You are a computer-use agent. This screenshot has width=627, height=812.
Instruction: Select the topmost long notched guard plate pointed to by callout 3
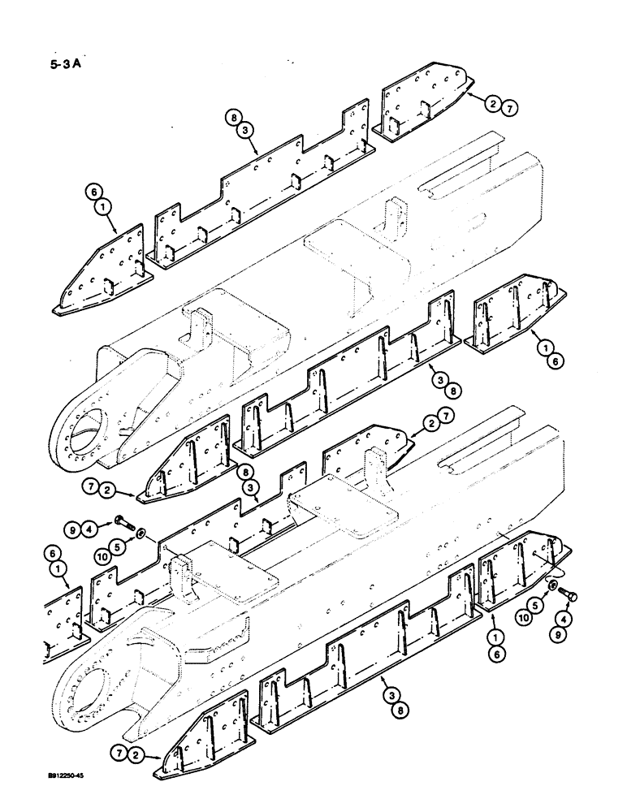[260, 203]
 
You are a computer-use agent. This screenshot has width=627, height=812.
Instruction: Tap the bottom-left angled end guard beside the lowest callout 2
[203, 739]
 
